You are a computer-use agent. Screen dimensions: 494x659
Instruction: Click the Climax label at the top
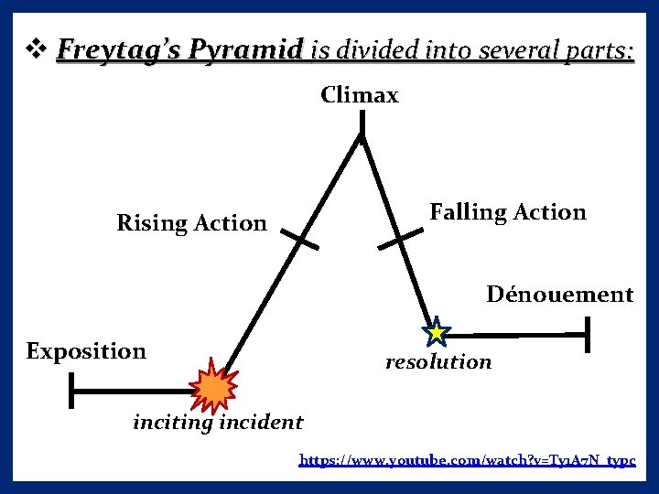[360, 95]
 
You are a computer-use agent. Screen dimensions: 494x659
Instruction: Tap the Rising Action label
[191, 223]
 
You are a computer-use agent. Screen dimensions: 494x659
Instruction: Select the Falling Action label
[508, 212]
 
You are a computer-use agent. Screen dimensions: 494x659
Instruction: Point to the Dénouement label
[559, 295]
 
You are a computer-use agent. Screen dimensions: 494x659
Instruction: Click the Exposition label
[86, 351]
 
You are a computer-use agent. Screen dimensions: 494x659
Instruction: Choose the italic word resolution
[438, 362]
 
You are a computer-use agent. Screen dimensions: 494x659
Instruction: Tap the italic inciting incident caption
[218, 423]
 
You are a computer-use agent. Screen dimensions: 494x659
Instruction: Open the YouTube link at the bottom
[467, 460]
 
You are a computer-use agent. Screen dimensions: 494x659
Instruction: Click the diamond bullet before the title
[37, 48]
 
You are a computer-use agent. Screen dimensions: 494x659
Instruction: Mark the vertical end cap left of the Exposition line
[71, 391]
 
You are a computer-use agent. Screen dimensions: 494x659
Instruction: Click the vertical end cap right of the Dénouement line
[587, 335]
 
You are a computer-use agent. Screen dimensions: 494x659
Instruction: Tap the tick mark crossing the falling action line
[400, 240]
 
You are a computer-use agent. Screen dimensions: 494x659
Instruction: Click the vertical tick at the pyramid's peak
[361, 123]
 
